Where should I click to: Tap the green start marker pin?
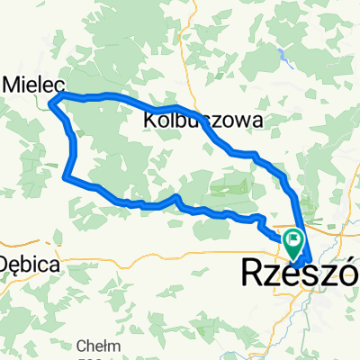[x=292, y=240]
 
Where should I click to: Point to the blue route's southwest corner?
[x=66, y=177]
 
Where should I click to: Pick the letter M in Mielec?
[x=13, y=82]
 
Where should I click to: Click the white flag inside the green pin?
[x=292, y=238]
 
